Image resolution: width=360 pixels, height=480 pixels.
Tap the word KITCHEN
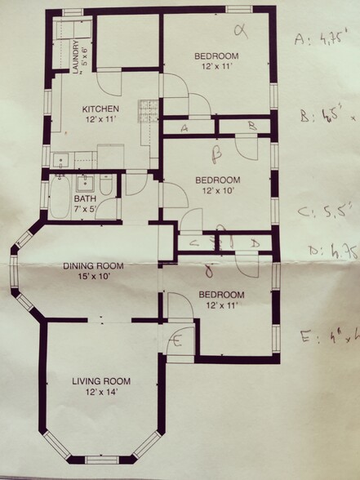pos(100,109)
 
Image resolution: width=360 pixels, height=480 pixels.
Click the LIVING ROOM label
pos(101,381)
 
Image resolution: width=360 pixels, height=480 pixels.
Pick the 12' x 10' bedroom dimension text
pos(217,190)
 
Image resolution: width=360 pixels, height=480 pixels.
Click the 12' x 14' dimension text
pos(101,393)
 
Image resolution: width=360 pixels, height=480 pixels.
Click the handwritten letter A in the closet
pos(185,128)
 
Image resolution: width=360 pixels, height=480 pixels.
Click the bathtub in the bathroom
pos(60,200)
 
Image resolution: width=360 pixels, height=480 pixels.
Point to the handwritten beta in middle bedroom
pos(217,152)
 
